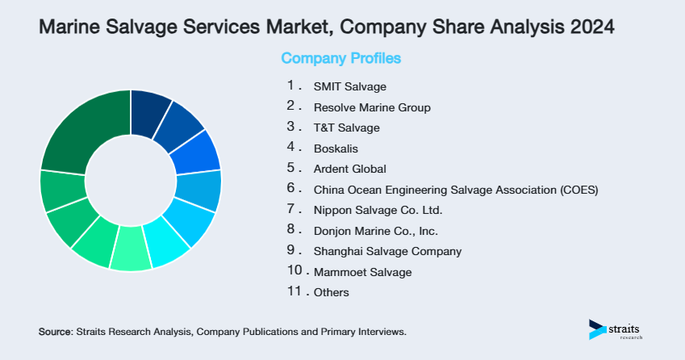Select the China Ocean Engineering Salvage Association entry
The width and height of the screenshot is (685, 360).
pos(456,190)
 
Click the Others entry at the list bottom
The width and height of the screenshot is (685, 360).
pos(332,292)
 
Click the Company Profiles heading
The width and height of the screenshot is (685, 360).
pos(340,59)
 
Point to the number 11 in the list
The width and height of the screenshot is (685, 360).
pos(294,291)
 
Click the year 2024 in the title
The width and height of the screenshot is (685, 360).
pos(589,27)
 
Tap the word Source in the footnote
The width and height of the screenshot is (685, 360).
pos(55,332)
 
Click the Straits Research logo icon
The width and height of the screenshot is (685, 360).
pos(596,329)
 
